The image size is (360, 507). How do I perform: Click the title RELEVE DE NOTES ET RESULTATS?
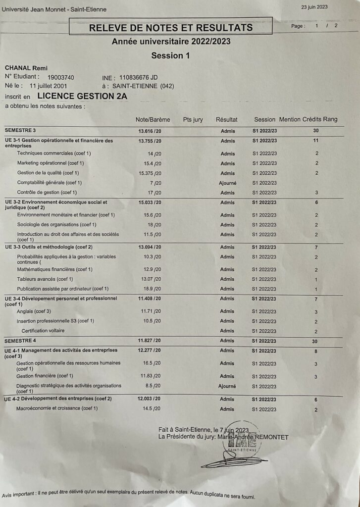(171, 27)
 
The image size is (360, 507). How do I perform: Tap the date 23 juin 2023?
(314, 7)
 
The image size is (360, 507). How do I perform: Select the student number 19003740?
(60, 77)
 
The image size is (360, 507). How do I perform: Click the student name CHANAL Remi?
(26, 68)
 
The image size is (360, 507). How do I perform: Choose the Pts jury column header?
(193, 120)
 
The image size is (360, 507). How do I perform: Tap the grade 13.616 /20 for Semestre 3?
(150, 131)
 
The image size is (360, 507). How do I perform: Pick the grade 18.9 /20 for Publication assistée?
(152, 289)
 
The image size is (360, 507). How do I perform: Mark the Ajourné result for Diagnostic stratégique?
(227, 386)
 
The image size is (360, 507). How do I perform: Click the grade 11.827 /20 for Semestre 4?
(150, 341)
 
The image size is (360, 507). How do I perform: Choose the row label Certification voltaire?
(43, 331)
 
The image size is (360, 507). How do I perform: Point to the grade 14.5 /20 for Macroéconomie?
(152, 409)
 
